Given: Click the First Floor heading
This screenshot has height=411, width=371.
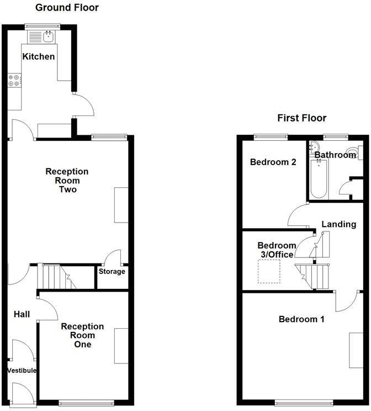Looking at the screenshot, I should pyautogui.click(x=301, y=118).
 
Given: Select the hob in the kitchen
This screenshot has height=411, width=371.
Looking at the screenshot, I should pyautogui.click(x=14, y=81).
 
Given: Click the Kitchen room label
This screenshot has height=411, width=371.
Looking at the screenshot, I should pyautogui.click(x=39, y=56).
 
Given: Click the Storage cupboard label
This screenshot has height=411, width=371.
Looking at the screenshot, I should pyautogui.click(x=112, y=271).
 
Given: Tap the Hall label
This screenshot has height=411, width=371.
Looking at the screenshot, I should pyautogui.click(x=22, y=314).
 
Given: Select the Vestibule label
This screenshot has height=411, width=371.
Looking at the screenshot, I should pyautogui.click(x=22, y=370).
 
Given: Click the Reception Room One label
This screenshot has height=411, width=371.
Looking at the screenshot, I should pyautogui.click(x=78, y=335).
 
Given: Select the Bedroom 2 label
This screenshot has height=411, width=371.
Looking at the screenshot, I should pyautogui.click(x=273, y=162).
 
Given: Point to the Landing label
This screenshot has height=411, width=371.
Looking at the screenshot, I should pyautogui.click(x=339, y=224).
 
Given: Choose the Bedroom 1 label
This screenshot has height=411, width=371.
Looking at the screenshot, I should pyautogui.click(x=301, y=319).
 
